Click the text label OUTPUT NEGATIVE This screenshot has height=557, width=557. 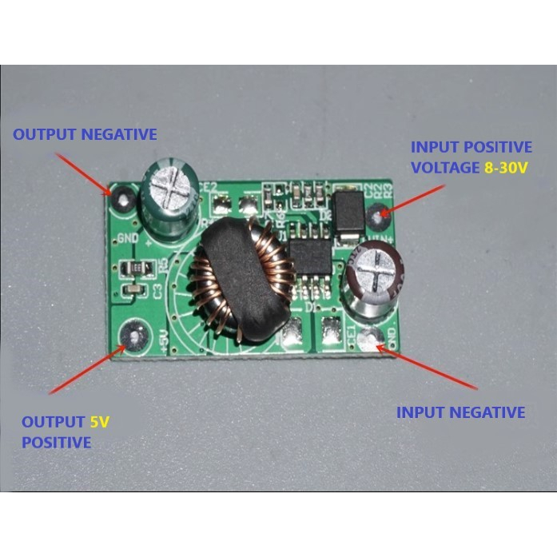coord(85,134)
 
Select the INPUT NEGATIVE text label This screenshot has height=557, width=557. coord(461,412)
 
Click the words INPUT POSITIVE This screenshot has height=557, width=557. coord(471,147)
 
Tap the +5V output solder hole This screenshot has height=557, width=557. coord(134,336)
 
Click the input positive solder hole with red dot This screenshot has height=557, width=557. coord(381,213)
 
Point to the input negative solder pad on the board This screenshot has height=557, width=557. coord(369,339)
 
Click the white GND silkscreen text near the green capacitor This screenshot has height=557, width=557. coord(128,238)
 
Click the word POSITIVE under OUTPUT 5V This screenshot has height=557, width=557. coord(56,442)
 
